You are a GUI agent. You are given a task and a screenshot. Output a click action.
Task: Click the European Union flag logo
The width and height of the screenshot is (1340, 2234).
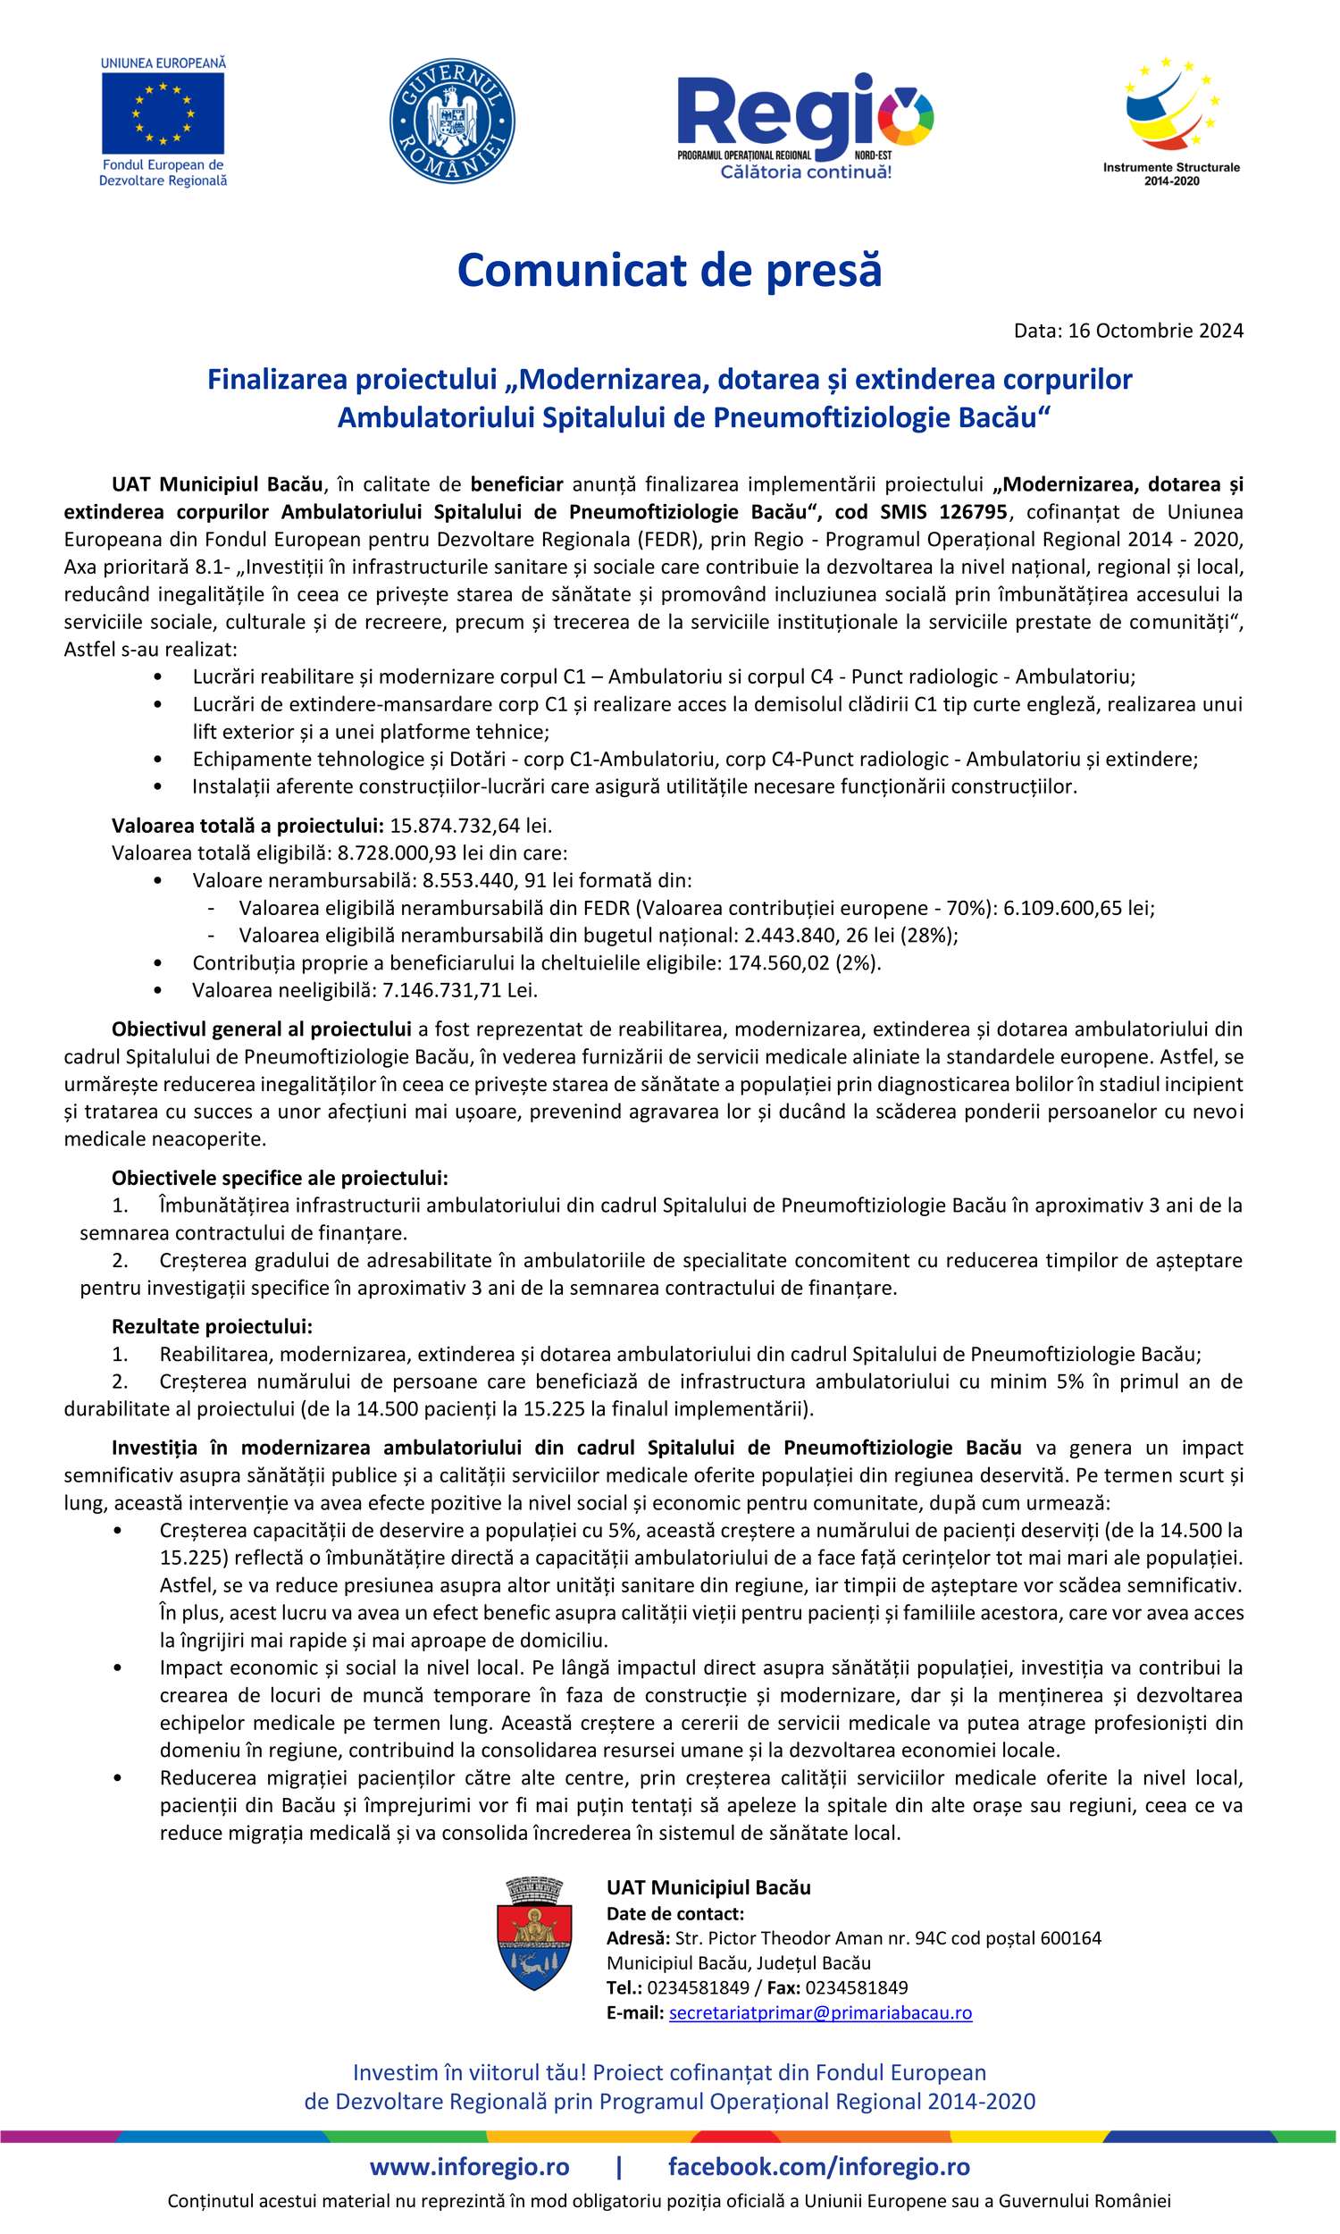163,113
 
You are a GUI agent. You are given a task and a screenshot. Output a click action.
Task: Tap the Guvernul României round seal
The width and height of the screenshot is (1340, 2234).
451,121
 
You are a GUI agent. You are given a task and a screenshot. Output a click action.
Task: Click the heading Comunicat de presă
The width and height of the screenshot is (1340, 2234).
669,270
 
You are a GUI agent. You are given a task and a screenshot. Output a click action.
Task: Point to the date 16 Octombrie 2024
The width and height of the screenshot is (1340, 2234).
1155,331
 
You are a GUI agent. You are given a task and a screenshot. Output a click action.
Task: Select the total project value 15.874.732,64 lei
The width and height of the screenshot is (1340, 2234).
470,826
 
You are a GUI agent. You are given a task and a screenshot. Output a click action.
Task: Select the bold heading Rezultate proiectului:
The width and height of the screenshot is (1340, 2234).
213,1326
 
